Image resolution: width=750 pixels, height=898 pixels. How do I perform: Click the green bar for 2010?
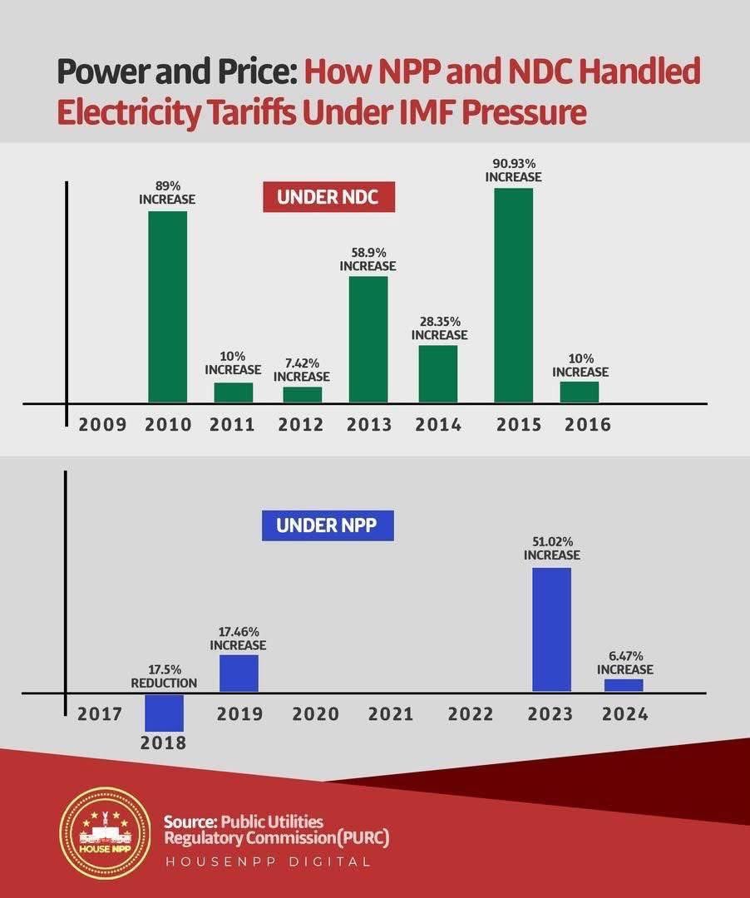point(167,307)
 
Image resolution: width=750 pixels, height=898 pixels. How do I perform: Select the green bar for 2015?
point(513,295)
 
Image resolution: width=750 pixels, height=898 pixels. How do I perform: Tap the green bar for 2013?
point(368,339)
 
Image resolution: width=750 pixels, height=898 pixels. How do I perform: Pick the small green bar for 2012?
point(302,395)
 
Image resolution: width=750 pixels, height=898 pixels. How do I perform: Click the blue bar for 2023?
point(551,629)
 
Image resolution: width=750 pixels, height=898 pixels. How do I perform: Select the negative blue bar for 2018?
point(164,712)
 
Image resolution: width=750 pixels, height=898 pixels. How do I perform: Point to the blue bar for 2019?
point(239,673)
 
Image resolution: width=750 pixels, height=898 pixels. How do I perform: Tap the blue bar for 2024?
point(624,685)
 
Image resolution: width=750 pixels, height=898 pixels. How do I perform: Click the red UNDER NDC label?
point(328,198)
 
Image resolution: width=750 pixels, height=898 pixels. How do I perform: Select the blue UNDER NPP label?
point(328,525)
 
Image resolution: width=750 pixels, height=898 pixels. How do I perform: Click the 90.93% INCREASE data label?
point(513,170)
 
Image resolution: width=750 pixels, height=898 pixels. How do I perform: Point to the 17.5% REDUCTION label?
point(164,676)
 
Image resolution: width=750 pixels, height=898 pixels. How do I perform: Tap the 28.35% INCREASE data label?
point(439,328)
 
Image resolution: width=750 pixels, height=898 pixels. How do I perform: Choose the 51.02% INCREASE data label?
point(551,548)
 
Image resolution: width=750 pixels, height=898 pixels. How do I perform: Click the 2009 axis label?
point(102,425)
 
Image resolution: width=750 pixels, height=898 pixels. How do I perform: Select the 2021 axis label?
point(391,714)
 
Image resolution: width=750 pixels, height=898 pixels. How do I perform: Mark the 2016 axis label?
point(587,425)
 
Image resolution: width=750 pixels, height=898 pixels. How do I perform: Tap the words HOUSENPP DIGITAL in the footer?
point(267,862)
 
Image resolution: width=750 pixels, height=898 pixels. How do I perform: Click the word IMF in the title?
point(413,112)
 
